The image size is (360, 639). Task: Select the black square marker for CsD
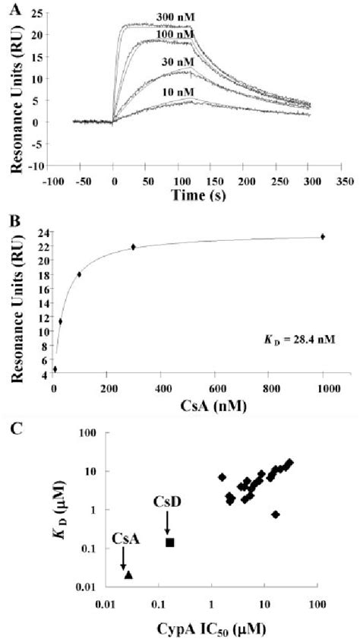[x=170, y=542]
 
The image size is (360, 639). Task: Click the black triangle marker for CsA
[x=128, y=574]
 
